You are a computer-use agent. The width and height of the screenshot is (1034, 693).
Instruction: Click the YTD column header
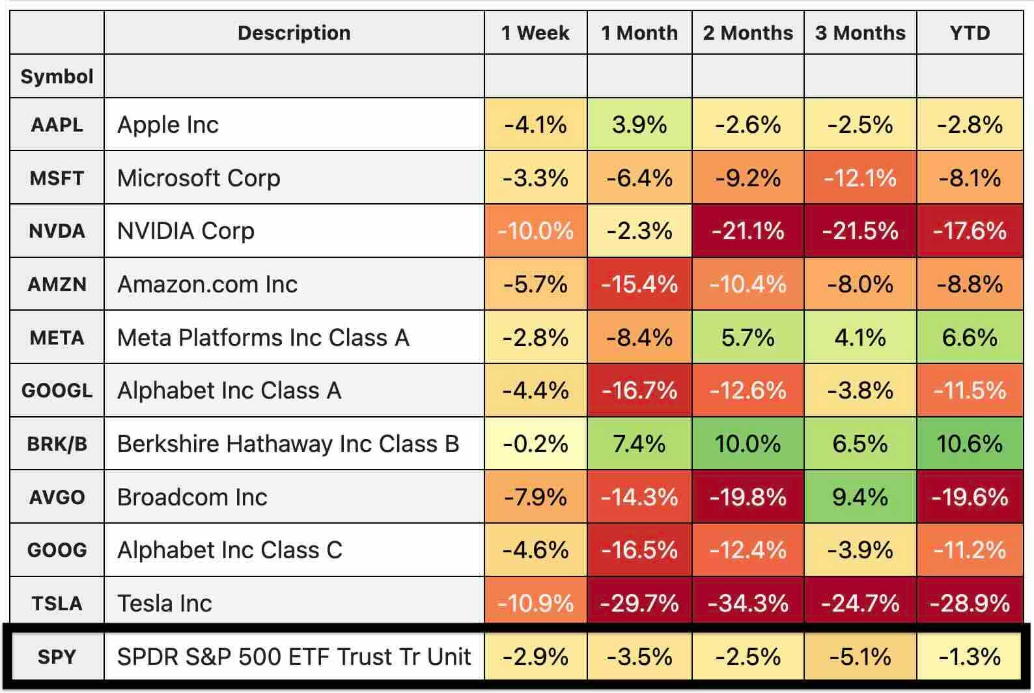pos(970,33)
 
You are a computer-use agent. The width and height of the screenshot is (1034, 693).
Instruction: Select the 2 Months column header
pos(748,33)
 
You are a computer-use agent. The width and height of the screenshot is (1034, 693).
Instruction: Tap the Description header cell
pos(294,33)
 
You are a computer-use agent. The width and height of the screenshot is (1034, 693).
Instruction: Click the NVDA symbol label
pos(57,231)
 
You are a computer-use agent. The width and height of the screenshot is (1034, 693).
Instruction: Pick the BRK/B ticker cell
pos(57,444)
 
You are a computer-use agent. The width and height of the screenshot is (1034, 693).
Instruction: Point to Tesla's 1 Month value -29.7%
pos(639,603)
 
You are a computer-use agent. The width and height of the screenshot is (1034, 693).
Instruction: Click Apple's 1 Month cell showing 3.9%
pos(639,124)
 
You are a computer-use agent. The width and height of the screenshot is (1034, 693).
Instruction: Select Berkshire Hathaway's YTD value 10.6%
pos(970,444)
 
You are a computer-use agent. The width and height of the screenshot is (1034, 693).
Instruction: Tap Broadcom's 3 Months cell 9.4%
pos(859,498)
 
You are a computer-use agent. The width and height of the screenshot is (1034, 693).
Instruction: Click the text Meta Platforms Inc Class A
pos(263,337)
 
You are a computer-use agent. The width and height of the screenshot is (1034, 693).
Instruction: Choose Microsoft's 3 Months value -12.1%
pos(859,178)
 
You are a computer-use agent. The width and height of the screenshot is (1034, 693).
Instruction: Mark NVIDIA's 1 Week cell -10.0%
pos(535,231)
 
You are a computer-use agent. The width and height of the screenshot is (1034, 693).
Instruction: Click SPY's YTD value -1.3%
pos(970,657)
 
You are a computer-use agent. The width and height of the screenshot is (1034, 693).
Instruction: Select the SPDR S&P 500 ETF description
pos(294,657)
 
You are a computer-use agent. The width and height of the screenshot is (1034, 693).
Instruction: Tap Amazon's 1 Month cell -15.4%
pos(639,285)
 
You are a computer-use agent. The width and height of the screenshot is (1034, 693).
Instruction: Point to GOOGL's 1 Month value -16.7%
pos(639,391)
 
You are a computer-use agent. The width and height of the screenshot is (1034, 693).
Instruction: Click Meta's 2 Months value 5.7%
pos(748,337)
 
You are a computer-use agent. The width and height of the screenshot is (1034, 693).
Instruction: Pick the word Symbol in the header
pos(57,77)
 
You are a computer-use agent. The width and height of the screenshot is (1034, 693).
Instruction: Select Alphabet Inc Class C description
pos(229,550)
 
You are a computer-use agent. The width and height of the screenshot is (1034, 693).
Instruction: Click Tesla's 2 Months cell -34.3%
pos(748,603)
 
